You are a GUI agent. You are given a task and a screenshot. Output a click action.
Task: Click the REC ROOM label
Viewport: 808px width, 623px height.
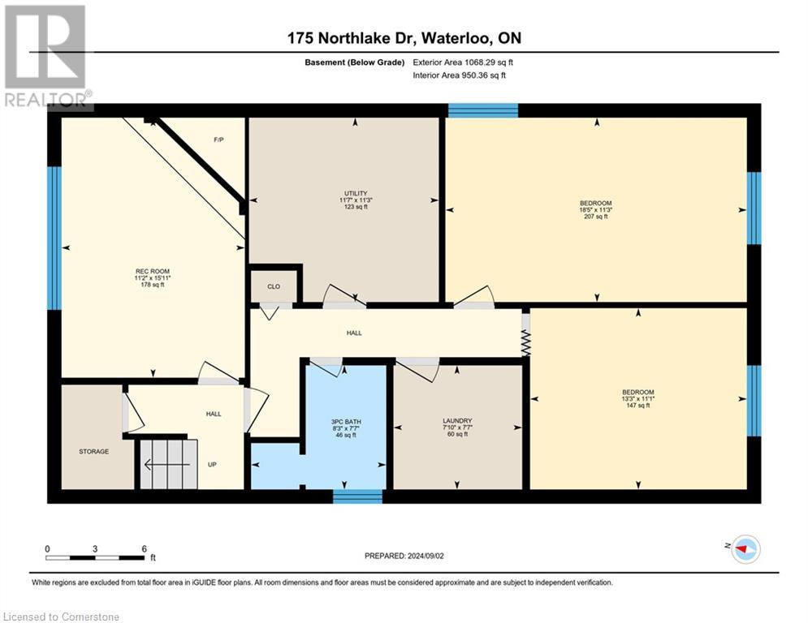tap(153, 271)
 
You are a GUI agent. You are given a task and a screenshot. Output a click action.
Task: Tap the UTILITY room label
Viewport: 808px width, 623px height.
tap(355, 193)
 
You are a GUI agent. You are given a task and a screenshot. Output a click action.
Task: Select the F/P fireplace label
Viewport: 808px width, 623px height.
tap(218, 140)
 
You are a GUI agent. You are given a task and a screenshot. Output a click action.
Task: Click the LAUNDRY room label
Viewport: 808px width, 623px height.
tap(457, 420)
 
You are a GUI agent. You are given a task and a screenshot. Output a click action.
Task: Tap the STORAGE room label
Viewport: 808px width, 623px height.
tap(93, 451)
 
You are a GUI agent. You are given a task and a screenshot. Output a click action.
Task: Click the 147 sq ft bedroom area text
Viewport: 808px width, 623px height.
tap(637, 405)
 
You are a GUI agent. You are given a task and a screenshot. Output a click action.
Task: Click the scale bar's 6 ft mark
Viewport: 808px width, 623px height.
tap(144, 549)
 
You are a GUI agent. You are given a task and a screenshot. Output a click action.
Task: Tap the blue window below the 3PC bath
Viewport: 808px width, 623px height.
tap(357, 496)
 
